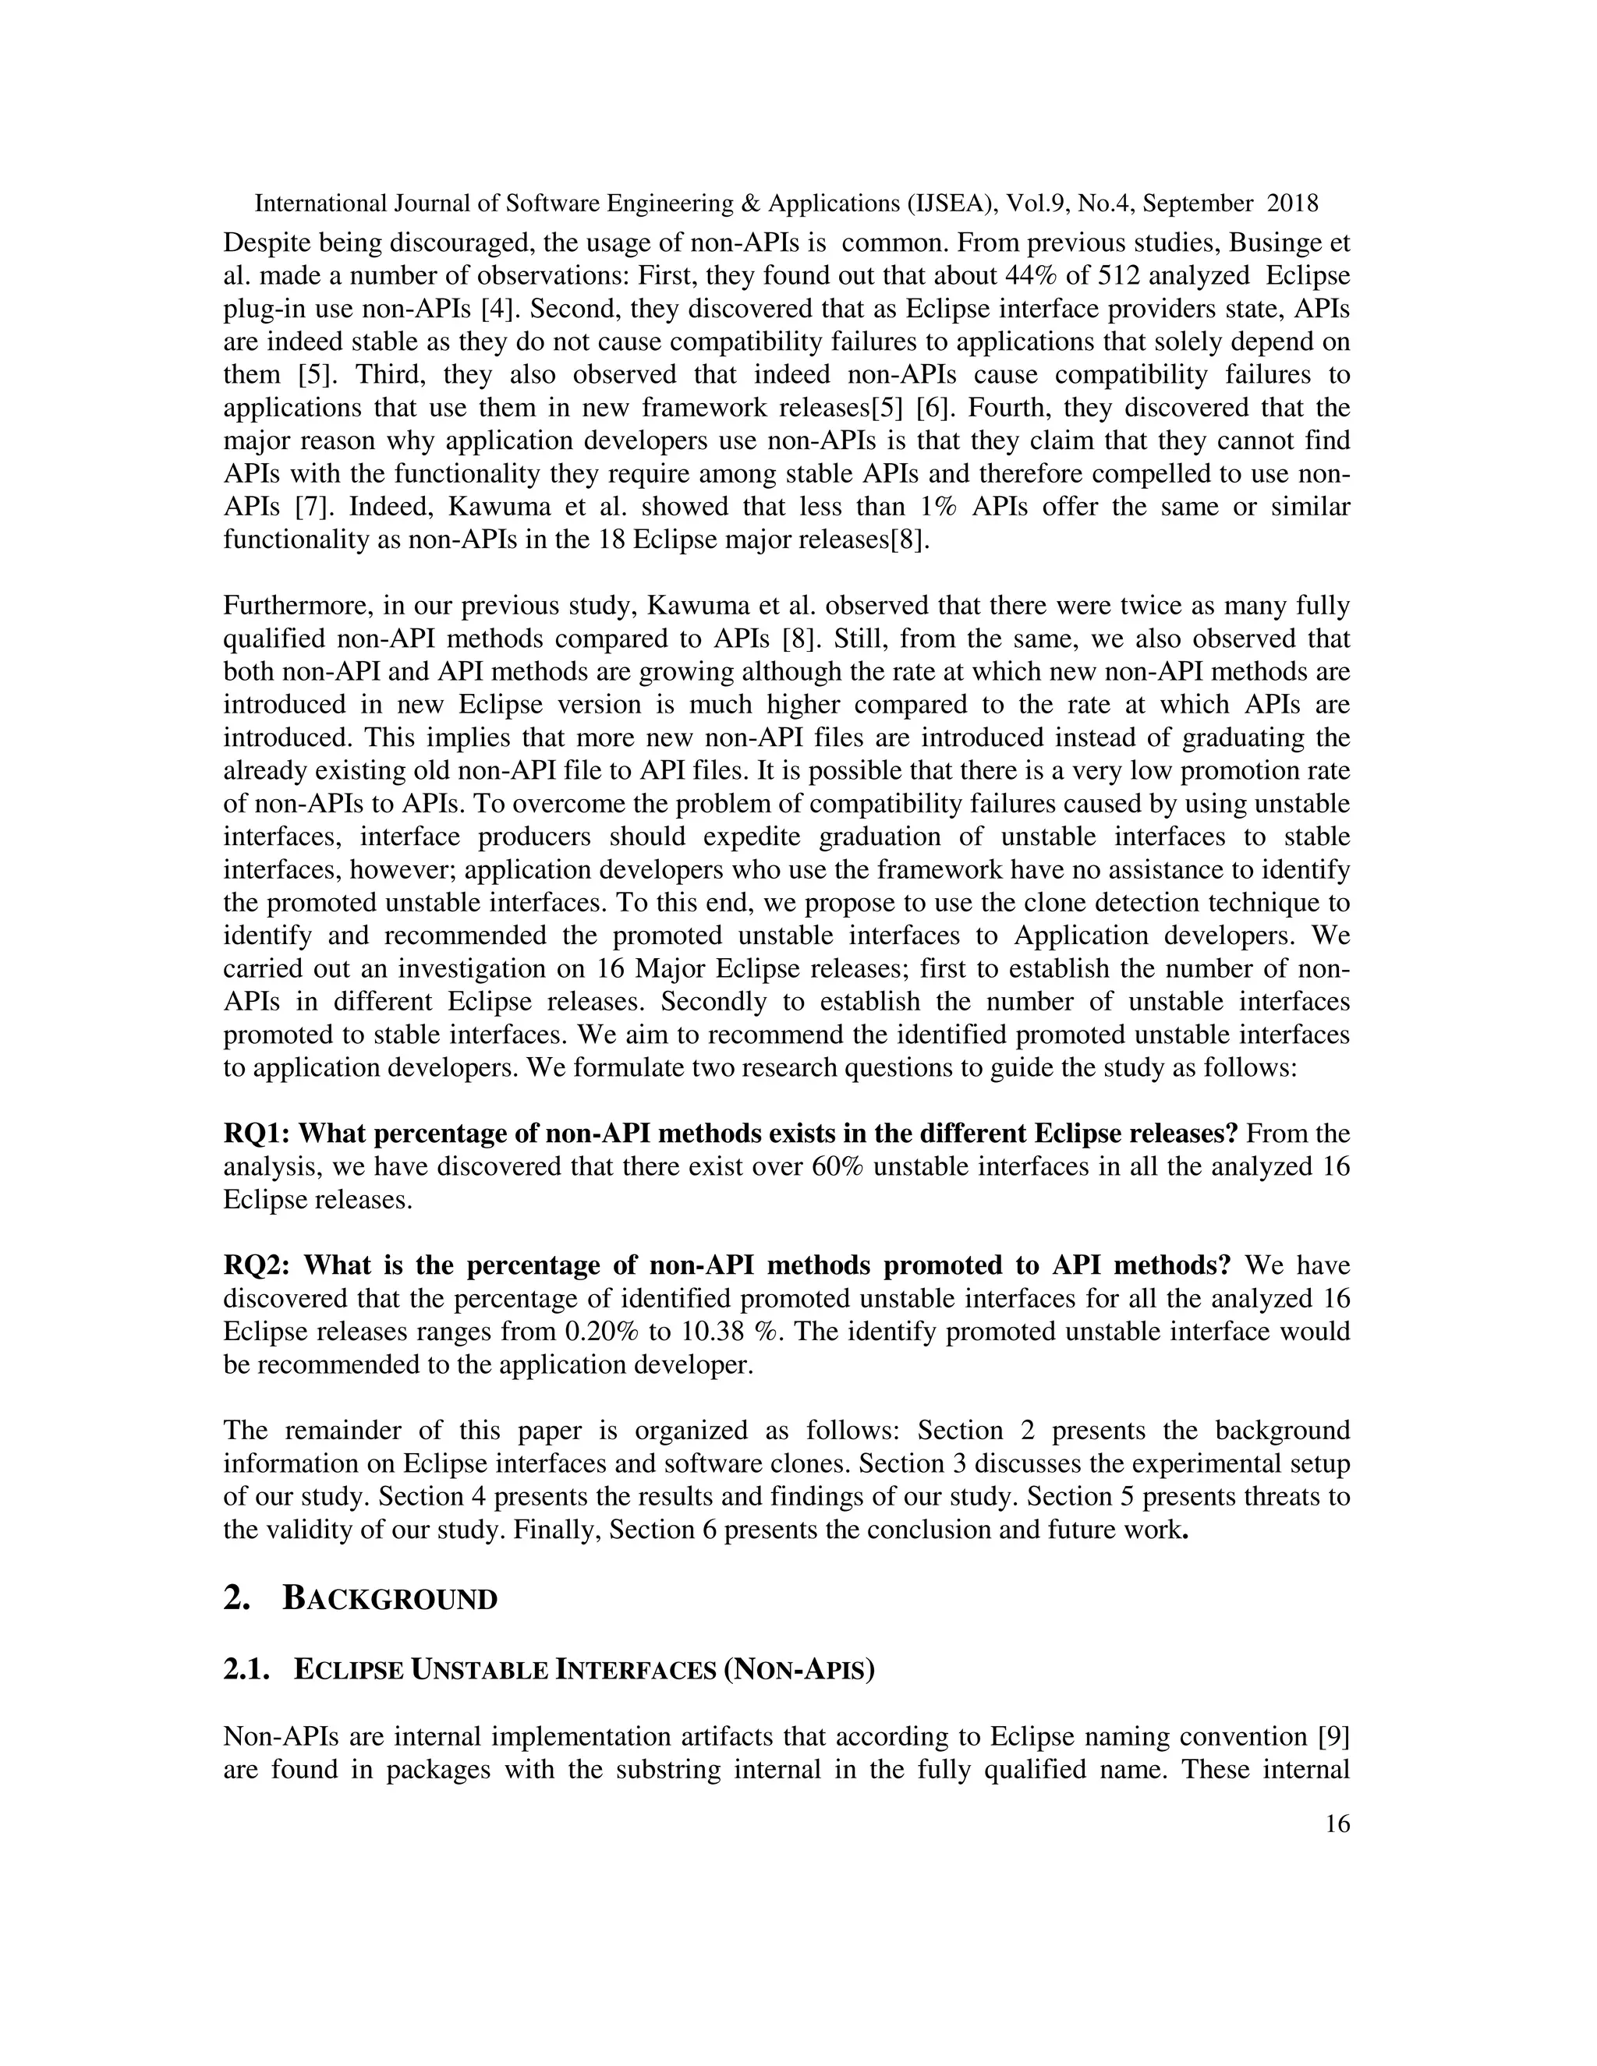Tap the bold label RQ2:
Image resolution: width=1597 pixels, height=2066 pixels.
pos(258,1265)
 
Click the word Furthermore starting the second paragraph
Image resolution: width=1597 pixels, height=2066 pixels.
pos(292,606)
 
